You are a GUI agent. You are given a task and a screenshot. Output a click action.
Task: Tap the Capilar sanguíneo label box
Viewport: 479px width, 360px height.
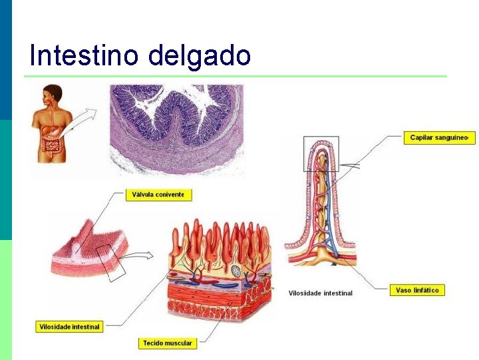[439, 138]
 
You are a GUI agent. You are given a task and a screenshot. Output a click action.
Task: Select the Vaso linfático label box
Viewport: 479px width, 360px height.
[416, 291]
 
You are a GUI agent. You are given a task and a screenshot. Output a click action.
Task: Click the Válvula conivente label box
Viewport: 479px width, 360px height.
[159, 195]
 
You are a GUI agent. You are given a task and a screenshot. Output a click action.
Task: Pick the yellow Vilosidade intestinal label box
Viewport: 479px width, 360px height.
[69, 327]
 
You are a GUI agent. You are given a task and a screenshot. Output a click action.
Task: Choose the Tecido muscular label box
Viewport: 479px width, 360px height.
[168, 343]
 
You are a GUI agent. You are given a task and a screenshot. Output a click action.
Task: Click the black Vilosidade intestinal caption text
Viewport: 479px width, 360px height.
[321, 293]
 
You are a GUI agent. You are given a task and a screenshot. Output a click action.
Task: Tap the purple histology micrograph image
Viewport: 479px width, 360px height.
[176, 129]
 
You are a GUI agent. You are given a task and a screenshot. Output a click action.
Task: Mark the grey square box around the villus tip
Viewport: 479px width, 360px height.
[321, 154]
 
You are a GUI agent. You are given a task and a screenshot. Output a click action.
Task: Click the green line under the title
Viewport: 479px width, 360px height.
[236, 76]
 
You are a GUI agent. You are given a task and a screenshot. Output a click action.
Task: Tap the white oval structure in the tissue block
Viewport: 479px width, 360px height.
[236, 271]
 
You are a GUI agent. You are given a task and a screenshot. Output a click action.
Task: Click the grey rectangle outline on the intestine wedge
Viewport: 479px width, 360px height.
[112, 261]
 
